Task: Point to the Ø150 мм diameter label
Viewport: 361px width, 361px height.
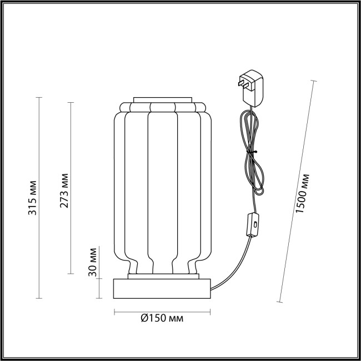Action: pyautogui.click(x=163, y=318)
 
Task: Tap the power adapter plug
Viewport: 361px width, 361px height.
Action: pyautogui.click(x=253, y=87)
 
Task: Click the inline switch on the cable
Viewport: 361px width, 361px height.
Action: pyautogui.click(x=253, y=225)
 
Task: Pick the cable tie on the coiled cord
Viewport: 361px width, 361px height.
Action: pyautogui.click(x=251, y=151)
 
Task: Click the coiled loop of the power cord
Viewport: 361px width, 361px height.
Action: pyautogui.click(x=251, y=161)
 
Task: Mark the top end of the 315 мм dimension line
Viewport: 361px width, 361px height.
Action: pyautogui.click(x=39, y=97)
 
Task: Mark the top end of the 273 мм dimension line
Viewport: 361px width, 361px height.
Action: pyautogui.click(x=71, y=102)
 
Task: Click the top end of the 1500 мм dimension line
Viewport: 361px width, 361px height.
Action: pyautogui.click(x=314, y=82)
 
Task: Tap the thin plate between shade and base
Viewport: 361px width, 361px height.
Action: pyautogui.click(x=162, y=276)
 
